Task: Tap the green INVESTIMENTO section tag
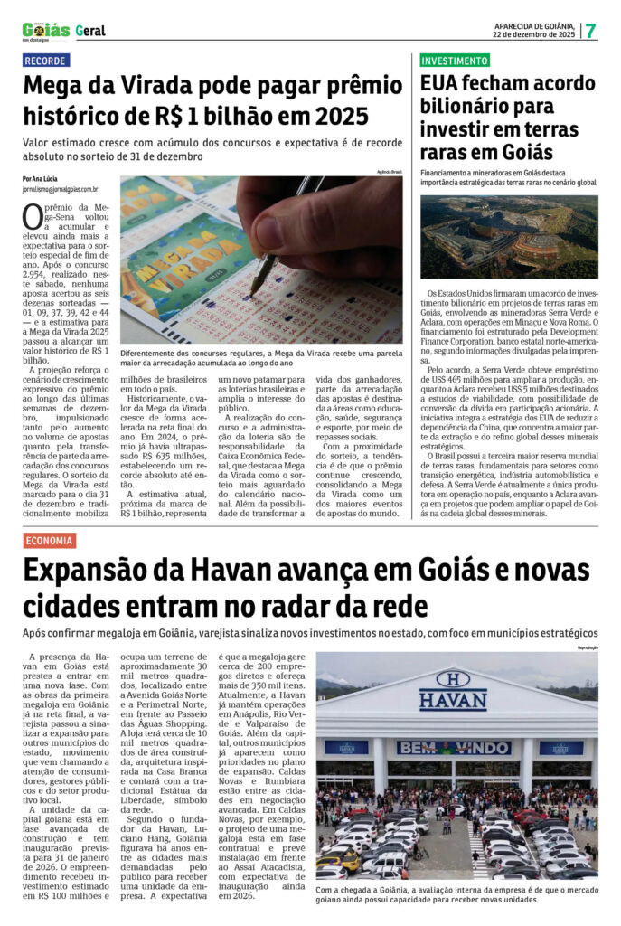coord(455,61)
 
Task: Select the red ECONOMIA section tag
coord(50,540)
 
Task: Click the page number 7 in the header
coord(590,30)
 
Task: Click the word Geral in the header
coord(90,31)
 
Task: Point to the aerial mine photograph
coord(509,237)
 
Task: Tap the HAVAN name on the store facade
coord(453,700)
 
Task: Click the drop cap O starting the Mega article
coord(33,217)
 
